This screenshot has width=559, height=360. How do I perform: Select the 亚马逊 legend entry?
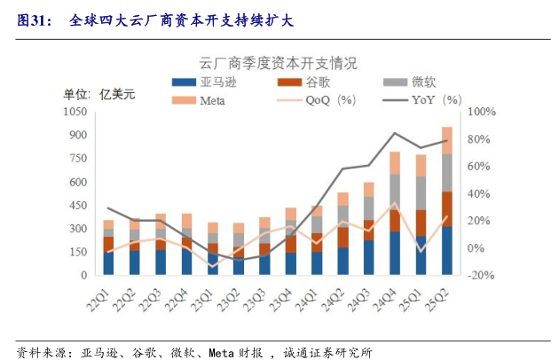point(209,82)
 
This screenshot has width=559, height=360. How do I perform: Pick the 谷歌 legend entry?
point(310,82)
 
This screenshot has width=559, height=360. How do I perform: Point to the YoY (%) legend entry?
point(425,99)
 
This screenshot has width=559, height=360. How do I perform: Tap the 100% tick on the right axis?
point(481,112)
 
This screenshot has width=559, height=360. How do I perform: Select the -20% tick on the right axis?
point(481,276)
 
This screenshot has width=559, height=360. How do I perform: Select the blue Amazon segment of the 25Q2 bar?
point(447,251)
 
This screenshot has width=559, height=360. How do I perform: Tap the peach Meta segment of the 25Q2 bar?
point(447,140)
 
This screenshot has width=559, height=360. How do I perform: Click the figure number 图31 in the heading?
point(34,15)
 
